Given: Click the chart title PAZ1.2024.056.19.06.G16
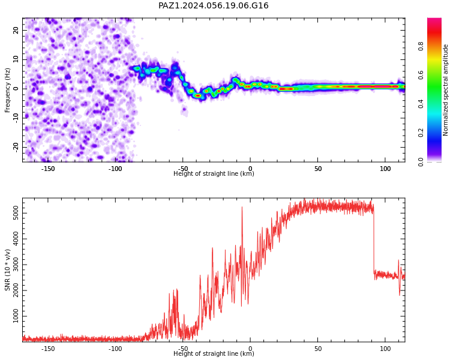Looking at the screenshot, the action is (x=213, y=5).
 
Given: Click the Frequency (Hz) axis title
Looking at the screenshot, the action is (x=7, y=90).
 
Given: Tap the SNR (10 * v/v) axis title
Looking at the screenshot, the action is (x=7, y=270).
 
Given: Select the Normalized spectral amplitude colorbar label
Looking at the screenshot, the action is (x=445, y=90).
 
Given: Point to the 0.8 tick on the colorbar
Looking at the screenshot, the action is (x=421, y=46).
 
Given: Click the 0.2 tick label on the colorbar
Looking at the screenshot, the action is (x=421, y=133).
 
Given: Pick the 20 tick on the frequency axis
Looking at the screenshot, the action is (x=16, y=30).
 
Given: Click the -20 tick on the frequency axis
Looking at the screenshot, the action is (x=16, y=147).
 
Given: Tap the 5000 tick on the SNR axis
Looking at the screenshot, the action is (x=16, y=213).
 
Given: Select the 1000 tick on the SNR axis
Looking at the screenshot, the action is (x=16, y=316).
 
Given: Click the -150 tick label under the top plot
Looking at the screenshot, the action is (x=48, y=169).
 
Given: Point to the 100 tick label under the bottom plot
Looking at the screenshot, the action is (x=385, y=349).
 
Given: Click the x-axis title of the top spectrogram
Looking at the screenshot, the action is (x=214, y=173).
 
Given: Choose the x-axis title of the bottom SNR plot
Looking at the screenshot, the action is (x=214, y=353).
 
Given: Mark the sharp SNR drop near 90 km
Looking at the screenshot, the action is (x=374, y=241).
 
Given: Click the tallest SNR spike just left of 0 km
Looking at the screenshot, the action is (x=242, y=207).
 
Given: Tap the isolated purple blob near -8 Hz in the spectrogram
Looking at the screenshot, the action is (x=184, y=110).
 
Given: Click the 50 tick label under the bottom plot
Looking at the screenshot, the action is (x=317, y=349).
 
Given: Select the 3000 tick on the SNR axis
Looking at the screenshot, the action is (x=16, y=265).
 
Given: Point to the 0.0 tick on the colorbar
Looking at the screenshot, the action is (x=421, y=162).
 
